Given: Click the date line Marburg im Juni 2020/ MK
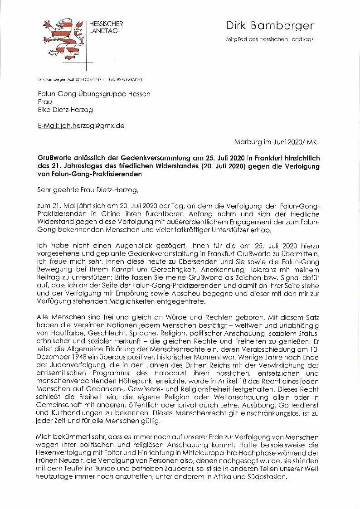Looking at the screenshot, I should pyautogui.click(x=275, y=142).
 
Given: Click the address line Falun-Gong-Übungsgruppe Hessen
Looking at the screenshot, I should pyautogui.click(x=94, y=93).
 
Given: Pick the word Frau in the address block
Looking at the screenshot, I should pyautogui.click(x=44, y=102).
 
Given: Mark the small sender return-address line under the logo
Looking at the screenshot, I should pyautogui.click(x=90, y=80).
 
